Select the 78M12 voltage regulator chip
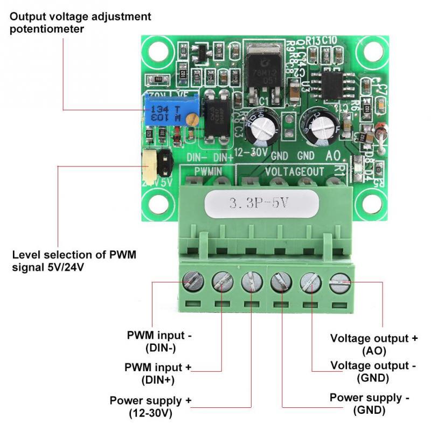pyautogui.click(x=260, y=69)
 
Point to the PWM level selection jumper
pyautogui.click(x=156, y=165)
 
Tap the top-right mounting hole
pyautogui.click(x=372, y=52)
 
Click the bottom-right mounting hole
pyautogui.click(x=372, y=204)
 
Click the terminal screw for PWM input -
pyautogui.click(x=193, y=280)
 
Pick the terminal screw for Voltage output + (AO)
pyautogui.click(x=339, y=282)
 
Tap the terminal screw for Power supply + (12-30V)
pyautogui.click(x=251, y=281)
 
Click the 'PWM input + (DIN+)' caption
pyautogui.click(x=158, y=373)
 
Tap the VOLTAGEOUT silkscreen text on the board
pyautogui.click(x=295, y=171)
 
